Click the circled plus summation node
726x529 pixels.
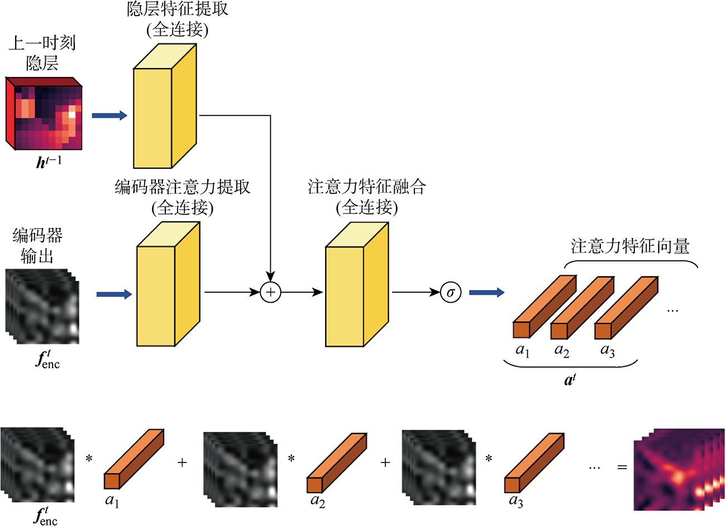270,292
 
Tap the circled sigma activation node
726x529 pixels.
451,292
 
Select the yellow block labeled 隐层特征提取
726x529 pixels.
165,106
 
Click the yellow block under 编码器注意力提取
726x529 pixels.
168,285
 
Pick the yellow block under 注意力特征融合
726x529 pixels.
356,285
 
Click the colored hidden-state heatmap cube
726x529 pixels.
45,115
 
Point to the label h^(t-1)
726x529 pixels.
49,162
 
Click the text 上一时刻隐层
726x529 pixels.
42,53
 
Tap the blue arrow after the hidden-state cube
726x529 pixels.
109,116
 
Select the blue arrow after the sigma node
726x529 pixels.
486,292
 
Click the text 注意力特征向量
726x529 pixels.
630,246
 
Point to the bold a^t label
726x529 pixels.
570,380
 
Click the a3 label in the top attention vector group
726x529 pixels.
608,351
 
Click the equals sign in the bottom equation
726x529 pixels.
622,466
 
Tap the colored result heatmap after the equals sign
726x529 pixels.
678,469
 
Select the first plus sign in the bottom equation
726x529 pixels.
182,463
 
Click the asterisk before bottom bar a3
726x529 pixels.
489,459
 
